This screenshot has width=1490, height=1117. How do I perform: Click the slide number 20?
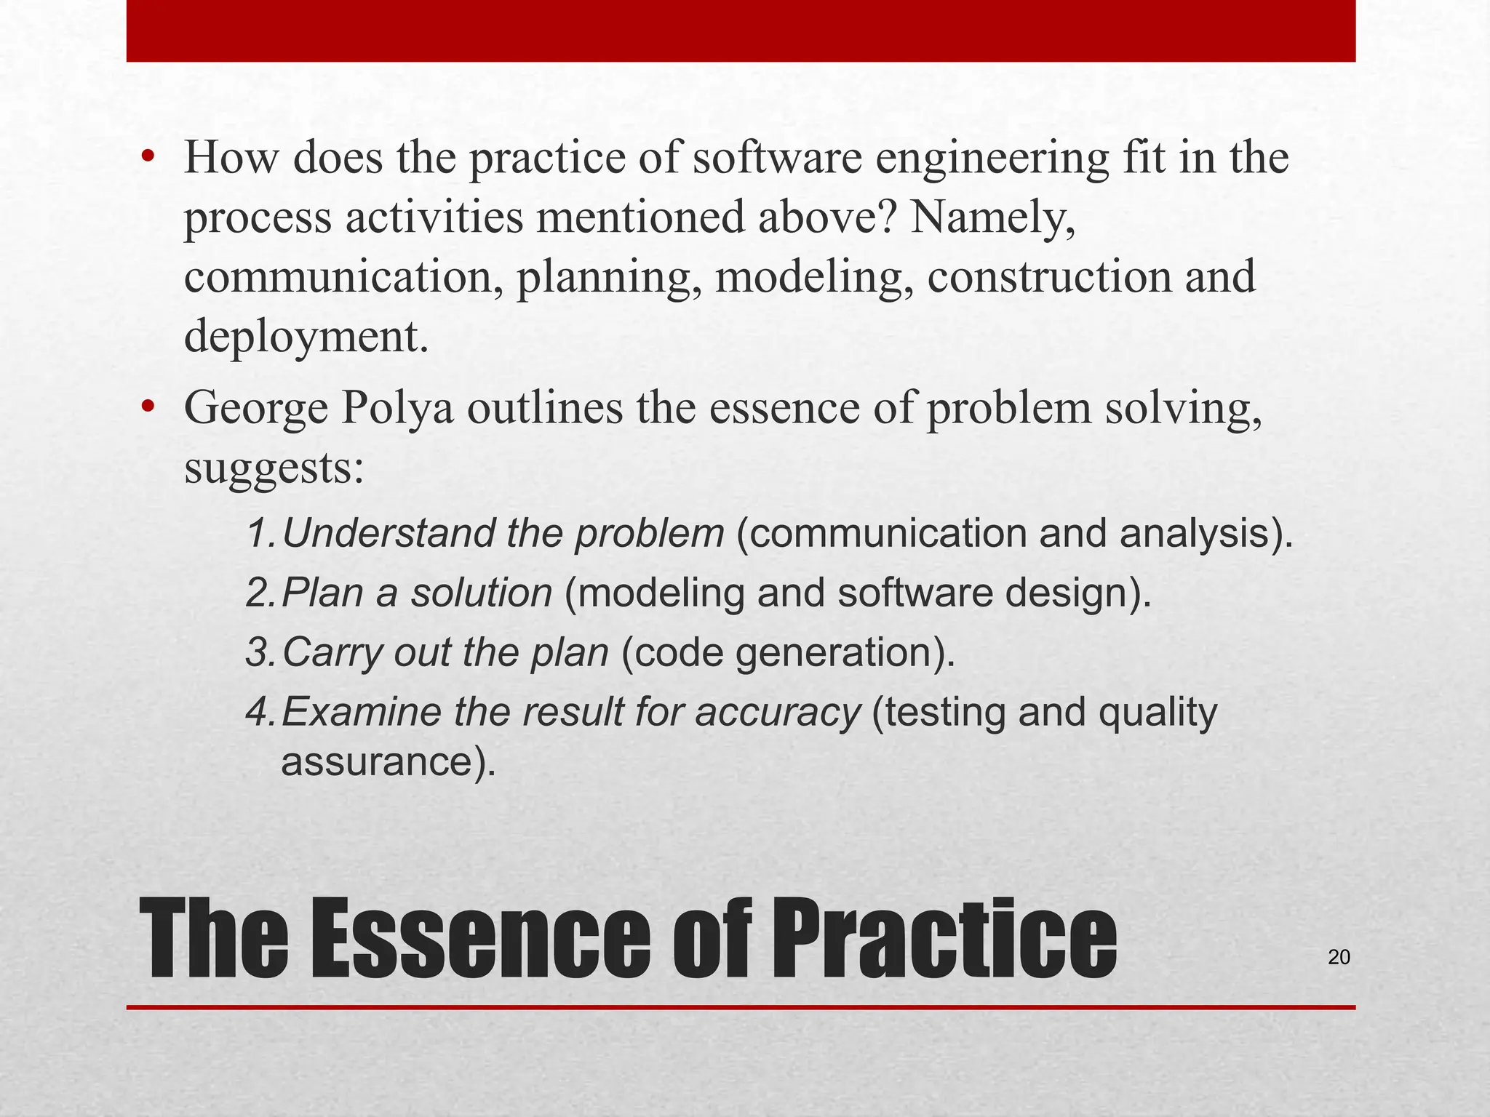(x=1339, y=958)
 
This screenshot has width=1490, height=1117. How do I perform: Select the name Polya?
(x=397, y=409)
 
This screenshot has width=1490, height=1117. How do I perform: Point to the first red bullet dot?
(x=148, y=157)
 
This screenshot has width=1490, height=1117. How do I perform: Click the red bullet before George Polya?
(x=148, y=407)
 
